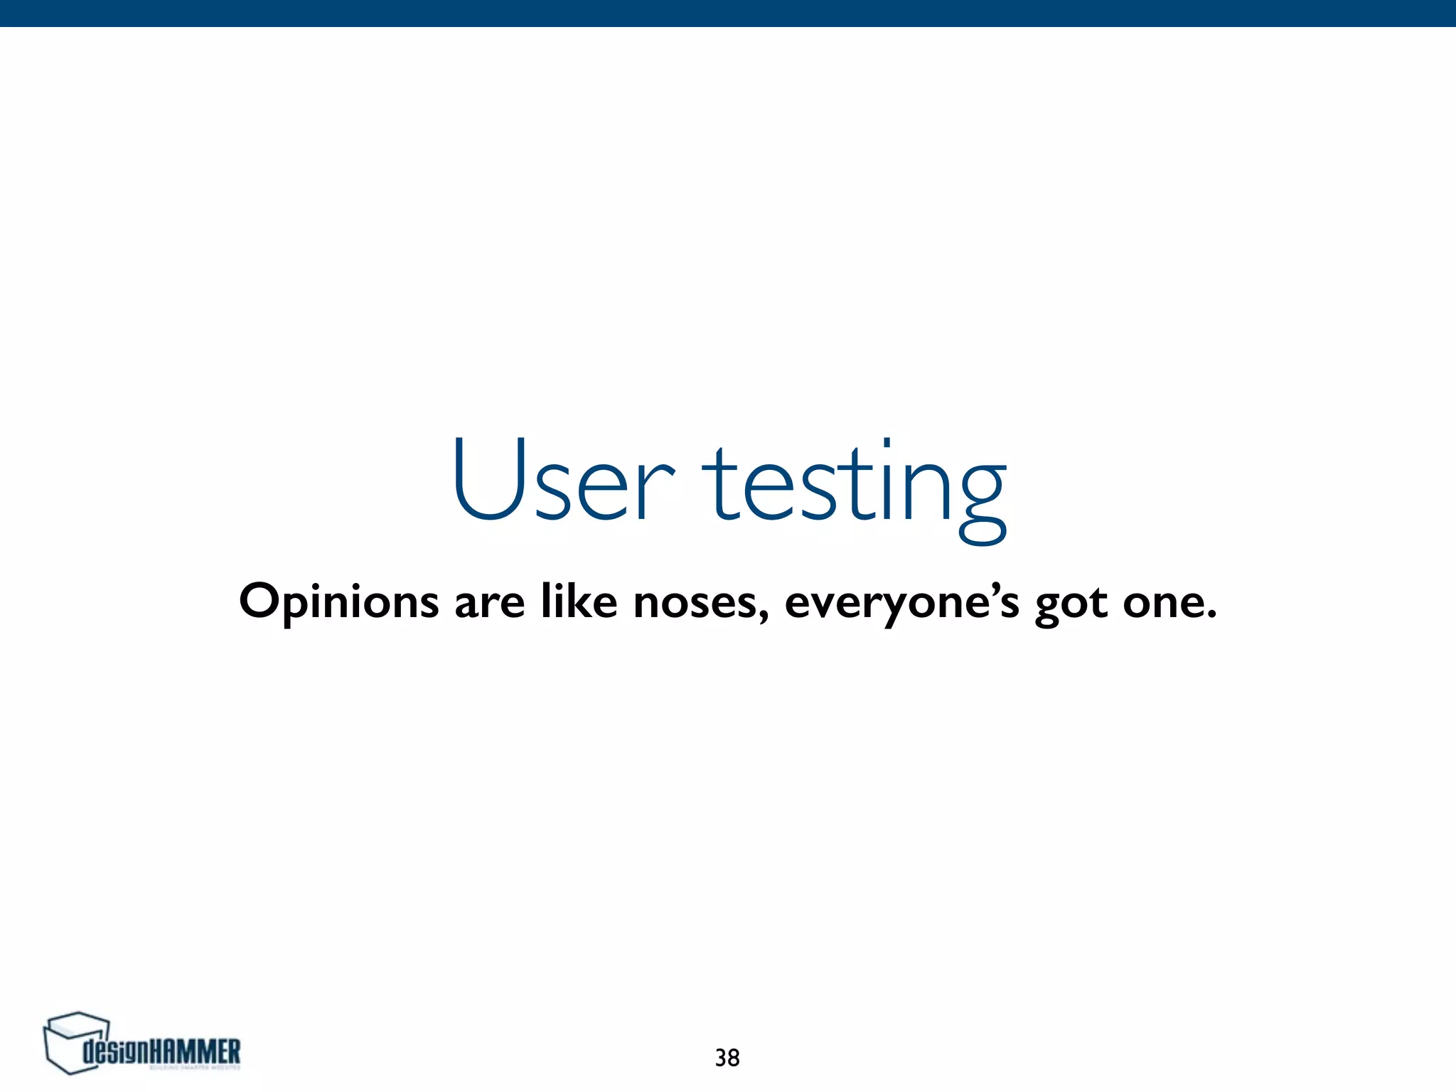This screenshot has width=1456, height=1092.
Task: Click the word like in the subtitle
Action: [x=579, y=601]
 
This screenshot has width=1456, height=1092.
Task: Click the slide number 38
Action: [x=727, y=1058]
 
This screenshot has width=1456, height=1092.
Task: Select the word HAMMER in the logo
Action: [x=196, y=1051]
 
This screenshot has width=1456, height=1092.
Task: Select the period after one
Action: [x=1211, y=615]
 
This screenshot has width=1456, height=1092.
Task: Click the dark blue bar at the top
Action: [x=728, y=13]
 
